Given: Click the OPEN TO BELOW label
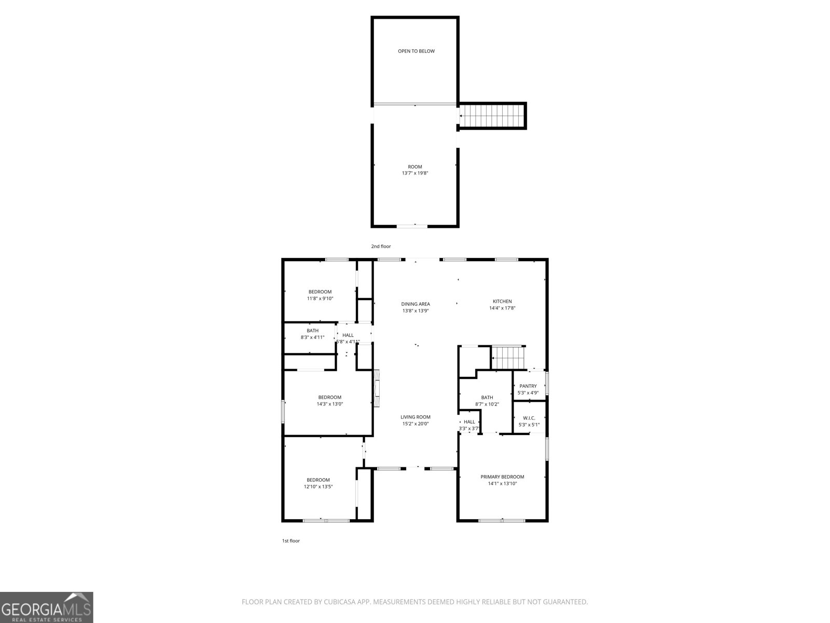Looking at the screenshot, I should tap(416, 51).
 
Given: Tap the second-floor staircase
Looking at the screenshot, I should tap(492, 116).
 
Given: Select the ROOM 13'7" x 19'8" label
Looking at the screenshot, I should tap(414, 170).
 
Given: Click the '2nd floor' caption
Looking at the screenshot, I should tap(381, 246).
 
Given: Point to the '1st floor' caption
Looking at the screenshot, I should tap(290, 540).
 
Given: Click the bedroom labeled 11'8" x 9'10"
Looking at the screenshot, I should tap(320, 295).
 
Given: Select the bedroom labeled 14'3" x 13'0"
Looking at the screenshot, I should tap(330, 400).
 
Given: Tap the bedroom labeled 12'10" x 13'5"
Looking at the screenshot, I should tap(318, 483).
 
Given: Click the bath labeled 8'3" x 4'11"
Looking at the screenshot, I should tap(312, 334).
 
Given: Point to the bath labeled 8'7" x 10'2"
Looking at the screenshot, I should tap(487, 400).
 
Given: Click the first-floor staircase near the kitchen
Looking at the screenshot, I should tap(508, 358).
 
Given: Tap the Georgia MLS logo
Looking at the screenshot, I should tap(47, 607).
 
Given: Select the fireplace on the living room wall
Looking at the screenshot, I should tap(377, 388).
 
